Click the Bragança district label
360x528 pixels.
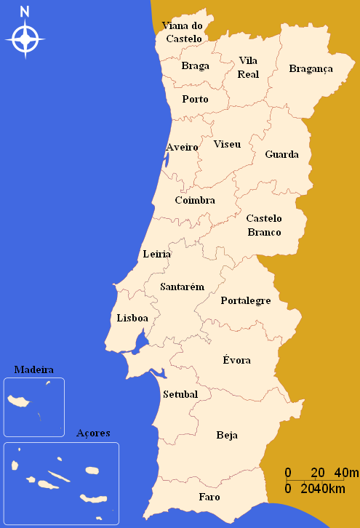pos(311,69)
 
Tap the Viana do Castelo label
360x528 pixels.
pos(183,32)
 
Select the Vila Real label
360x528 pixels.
pos(248,67)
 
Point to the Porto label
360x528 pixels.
pos(195,99)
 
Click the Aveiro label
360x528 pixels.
pos(182,147)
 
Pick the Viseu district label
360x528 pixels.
pos(227,144)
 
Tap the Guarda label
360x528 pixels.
pos(281,154)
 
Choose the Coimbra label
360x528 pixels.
pos(195,200)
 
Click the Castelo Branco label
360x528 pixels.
pos(264,225)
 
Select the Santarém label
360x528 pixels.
pos(182,287)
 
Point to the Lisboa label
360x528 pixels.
pos(132,318)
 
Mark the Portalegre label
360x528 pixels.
pos(246,300)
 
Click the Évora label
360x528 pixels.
pos(236,360)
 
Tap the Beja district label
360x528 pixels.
pos(227,435)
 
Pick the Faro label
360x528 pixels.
pos(209,497)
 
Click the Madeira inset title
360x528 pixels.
pos(33,369)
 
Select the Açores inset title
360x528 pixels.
pos(93,433)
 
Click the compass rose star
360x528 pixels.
pos(25,39)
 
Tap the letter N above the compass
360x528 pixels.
pos(25,11)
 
